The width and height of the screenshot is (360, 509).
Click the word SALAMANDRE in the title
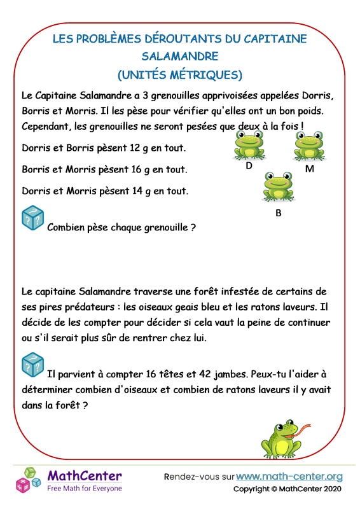point(180,56)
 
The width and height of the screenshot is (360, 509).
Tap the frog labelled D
point(249,146)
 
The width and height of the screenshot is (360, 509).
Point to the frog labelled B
point(278,186)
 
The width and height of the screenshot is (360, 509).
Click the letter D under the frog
point(249,167)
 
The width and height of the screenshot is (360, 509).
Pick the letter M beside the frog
point(310,169)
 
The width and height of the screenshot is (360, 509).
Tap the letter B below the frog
point(278,213)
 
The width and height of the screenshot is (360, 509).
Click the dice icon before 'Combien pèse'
point(32,218)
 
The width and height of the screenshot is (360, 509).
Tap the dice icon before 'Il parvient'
point(32,365)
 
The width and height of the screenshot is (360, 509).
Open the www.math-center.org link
point(289,476)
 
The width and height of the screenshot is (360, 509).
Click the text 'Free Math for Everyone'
point(85,488)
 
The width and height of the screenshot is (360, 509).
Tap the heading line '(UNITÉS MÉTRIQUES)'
point(180,74)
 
